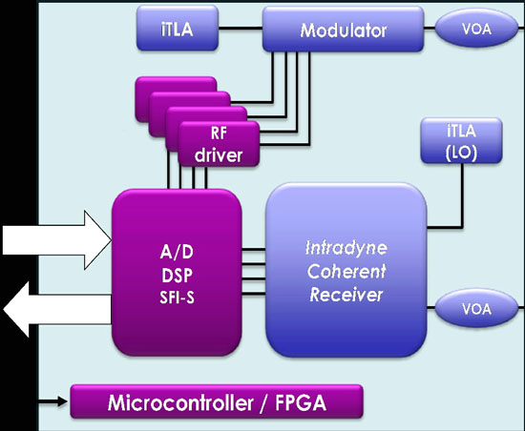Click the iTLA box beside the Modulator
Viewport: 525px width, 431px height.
point(178,28)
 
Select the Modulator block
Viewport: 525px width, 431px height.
point(344,30)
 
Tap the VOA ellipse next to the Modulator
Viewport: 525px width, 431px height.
point(476,29)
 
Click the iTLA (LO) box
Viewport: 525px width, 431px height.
point(461,141)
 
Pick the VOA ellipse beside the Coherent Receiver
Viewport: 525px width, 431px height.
point(476,308)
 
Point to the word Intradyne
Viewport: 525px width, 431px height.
point(346,249)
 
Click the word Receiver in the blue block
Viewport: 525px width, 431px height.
point(346,295)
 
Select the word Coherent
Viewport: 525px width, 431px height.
point(346,271)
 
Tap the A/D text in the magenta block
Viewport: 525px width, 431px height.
point(177,252)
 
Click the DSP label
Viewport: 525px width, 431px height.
point(177,276)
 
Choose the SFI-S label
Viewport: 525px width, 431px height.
point(177,298)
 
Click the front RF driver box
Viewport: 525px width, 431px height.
point(219,144)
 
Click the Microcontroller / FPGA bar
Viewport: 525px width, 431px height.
point(217,401)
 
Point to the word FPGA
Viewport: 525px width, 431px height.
point(301,402)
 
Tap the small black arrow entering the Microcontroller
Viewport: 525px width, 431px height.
point(52,401)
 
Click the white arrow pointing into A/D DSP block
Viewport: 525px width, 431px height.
point(57,240)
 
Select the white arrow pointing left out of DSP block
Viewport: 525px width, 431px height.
point(57,309)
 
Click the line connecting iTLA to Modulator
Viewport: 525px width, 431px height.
point(241,28)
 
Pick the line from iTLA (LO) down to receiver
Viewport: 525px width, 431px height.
point(462,195)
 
